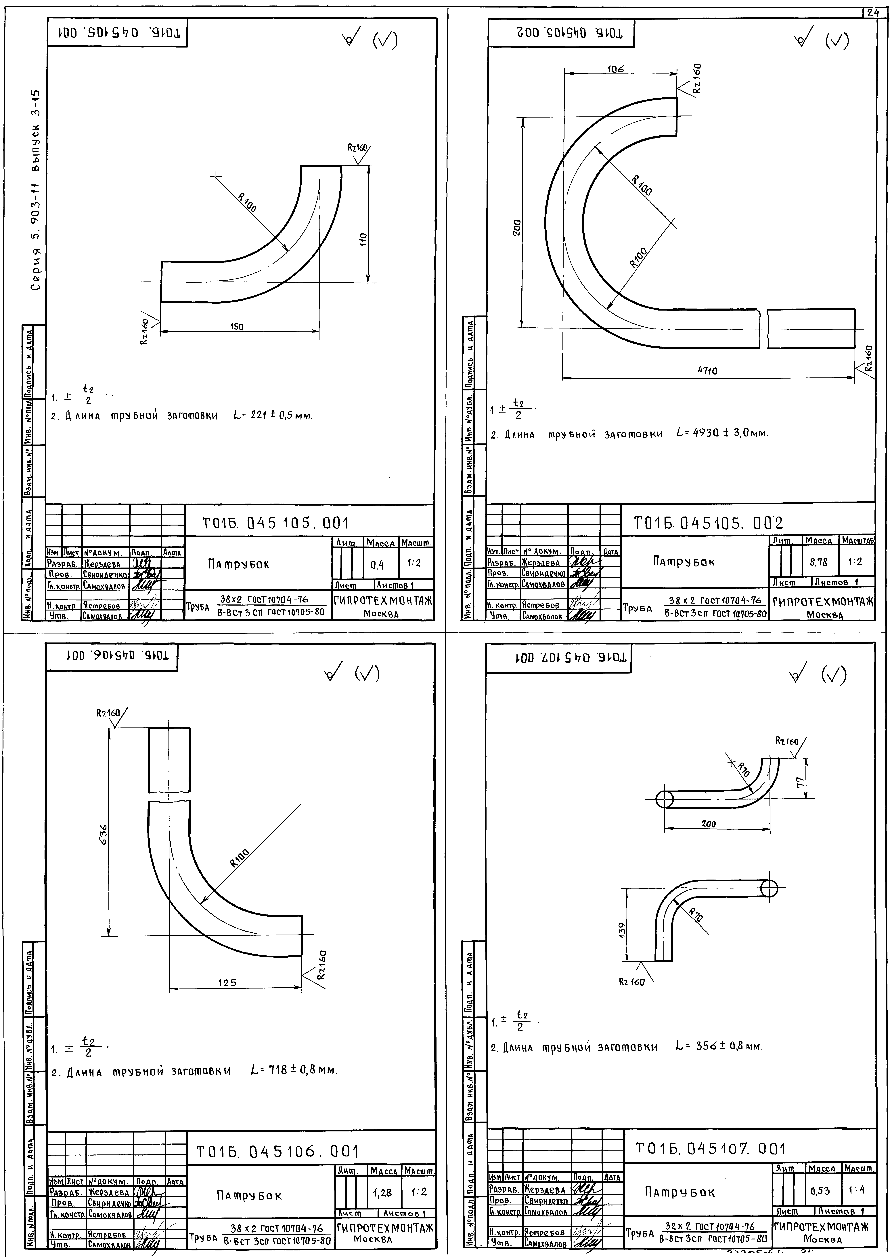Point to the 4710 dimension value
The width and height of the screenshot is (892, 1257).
(707, 371)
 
